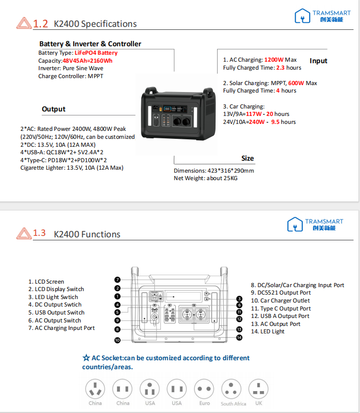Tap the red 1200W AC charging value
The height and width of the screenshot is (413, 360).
274,60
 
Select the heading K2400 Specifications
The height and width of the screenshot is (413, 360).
95,24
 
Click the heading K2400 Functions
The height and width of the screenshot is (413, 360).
87,234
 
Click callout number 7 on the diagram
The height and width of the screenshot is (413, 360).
118,280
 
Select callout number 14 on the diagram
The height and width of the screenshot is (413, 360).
239,337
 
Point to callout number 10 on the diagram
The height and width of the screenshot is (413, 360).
118,340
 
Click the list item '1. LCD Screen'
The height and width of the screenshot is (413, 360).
46,282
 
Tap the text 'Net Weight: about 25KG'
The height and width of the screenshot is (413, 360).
206,179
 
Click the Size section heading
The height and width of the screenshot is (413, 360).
247,158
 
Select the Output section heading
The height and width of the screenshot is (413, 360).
54,109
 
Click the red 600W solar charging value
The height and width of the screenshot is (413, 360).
296,83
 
